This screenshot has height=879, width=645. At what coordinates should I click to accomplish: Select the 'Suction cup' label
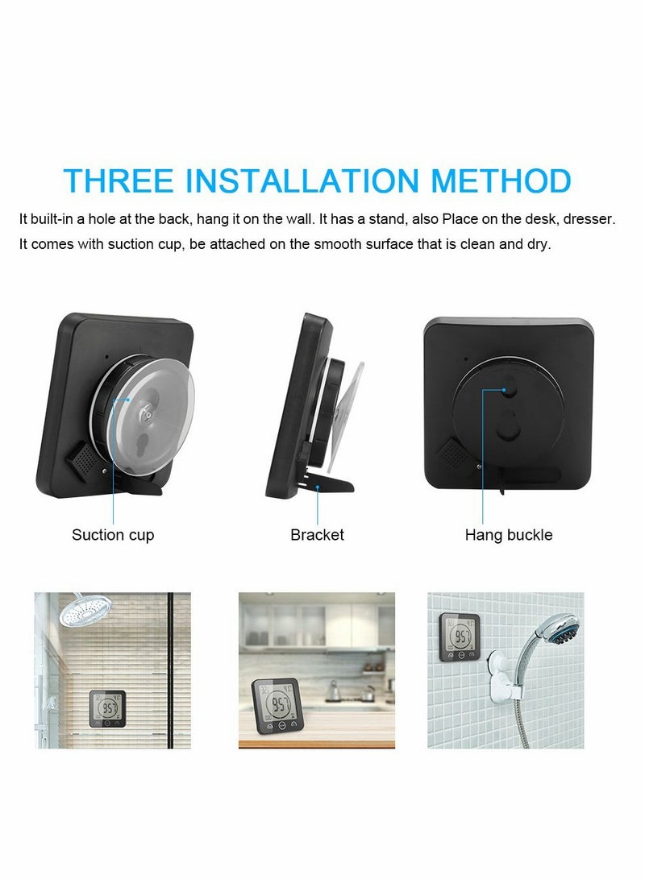click(113, 535)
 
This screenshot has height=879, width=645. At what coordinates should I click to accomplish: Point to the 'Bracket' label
click(317, 535)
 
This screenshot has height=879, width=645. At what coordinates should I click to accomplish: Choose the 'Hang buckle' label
click(509, 535)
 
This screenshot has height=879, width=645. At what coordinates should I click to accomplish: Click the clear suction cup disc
click(153, 411)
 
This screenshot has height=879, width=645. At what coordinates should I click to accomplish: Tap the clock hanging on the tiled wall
click(460, 636)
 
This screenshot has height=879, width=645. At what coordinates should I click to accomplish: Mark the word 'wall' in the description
click(300, 219)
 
